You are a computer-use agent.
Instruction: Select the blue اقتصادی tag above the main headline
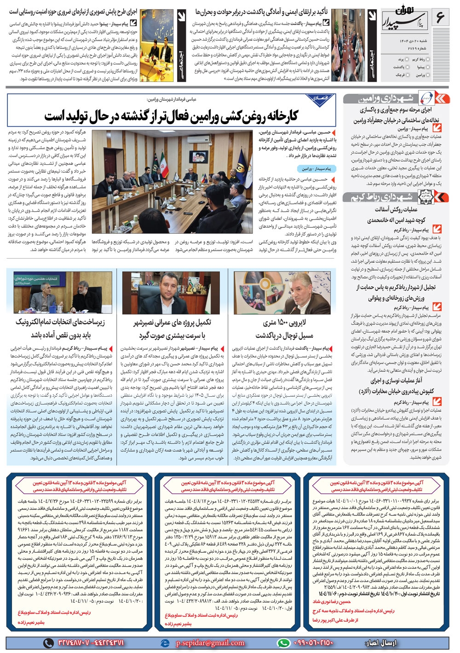point(320,98)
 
